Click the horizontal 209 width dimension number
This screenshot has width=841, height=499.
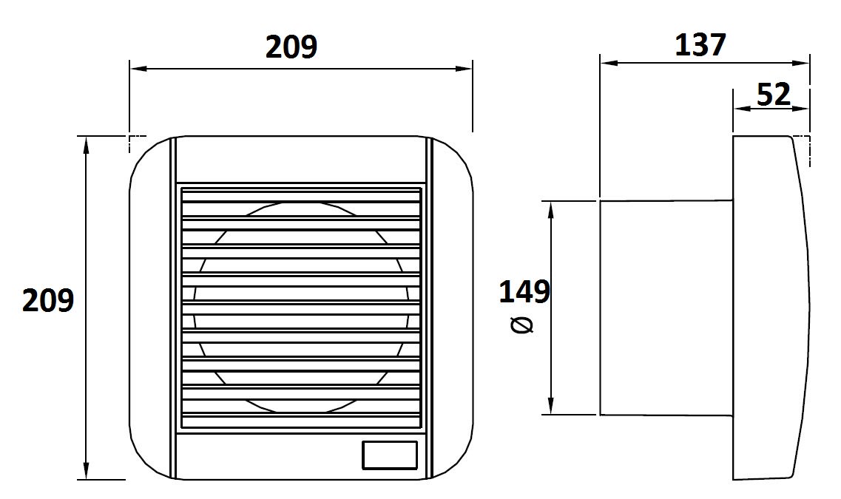[x=291, y=47]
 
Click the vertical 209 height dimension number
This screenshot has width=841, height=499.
[x=48, y=300]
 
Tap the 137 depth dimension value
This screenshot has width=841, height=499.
[x=700, y=44]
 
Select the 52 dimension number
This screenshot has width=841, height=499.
[x=774, y=95]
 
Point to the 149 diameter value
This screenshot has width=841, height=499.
[x=524, y=292]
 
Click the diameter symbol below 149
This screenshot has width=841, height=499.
[x=522, y=325]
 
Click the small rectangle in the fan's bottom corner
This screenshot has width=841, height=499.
[x=390, y=455]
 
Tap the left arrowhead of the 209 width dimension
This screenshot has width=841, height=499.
[x=138, y=69]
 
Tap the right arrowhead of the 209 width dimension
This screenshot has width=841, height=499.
[x=464, y=69]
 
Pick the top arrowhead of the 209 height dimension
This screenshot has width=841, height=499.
[x=86, y=145]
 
